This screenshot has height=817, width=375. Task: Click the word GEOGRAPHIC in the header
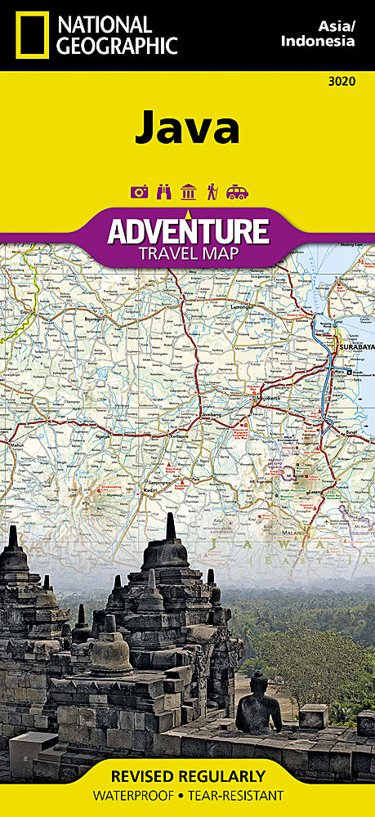[116, 46]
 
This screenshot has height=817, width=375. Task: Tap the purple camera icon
[139, 192]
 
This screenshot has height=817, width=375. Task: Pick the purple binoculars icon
[163, 192]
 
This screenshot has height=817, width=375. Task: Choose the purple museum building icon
[188, 192]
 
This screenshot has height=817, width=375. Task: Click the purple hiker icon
[212, 192]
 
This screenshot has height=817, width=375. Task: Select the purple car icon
[237, 192]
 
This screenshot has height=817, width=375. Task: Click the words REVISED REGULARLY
[187, 775]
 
